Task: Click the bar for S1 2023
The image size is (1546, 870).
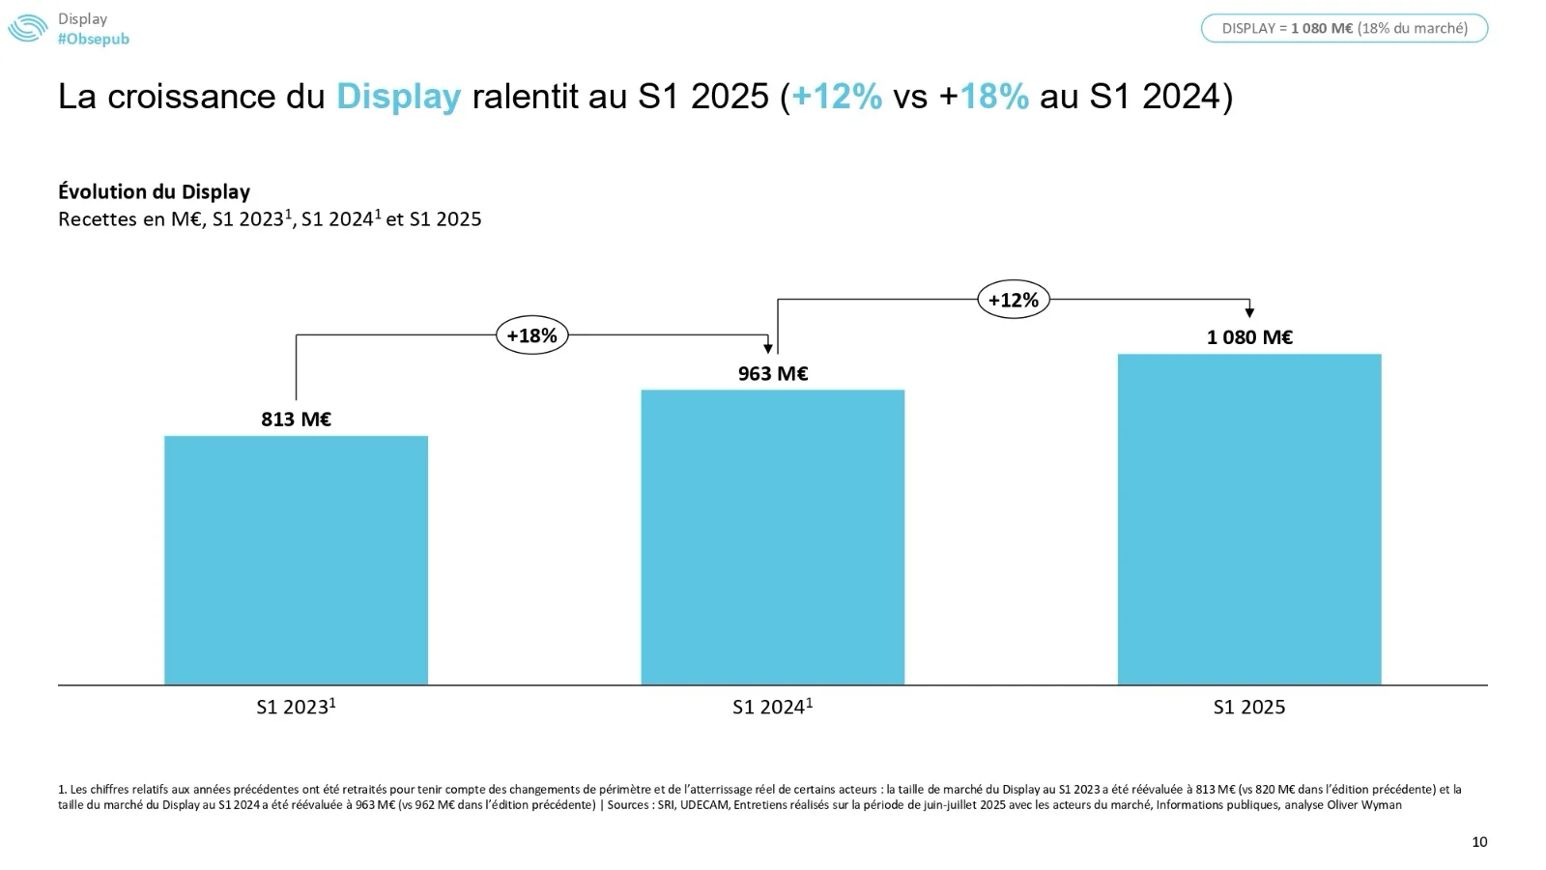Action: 296,561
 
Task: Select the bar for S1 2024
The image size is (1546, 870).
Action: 773,537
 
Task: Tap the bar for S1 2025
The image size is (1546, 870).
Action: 1249,520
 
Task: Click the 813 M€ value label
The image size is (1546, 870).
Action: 296,420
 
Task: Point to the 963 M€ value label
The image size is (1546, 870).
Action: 773,373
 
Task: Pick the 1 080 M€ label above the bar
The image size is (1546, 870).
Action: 1249,337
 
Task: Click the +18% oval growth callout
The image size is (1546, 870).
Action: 532,335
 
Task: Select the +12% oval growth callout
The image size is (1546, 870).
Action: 1013,300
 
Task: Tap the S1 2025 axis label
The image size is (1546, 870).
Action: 1249,708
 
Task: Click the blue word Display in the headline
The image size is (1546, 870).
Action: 398,97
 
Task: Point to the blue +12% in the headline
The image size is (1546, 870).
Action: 837,97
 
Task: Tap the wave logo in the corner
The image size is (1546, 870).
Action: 27,28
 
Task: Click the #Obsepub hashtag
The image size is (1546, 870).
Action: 94,39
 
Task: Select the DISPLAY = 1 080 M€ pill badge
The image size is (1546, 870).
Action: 1344,28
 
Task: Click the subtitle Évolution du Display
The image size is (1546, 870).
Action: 155,191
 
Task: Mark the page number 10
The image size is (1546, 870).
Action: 1479,842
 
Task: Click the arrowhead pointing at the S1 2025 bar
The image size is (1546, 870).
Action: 1249,312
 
